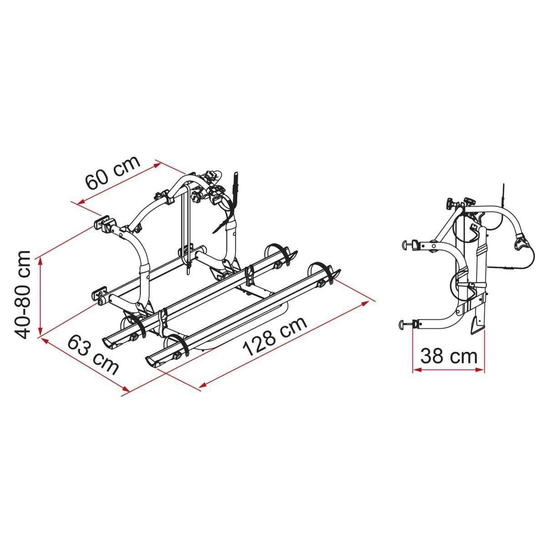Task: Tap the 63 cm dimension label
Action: (93, 354)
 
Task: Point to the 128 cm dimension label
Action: (276, 336)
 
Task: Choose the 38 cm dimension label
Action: (449, 356)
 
